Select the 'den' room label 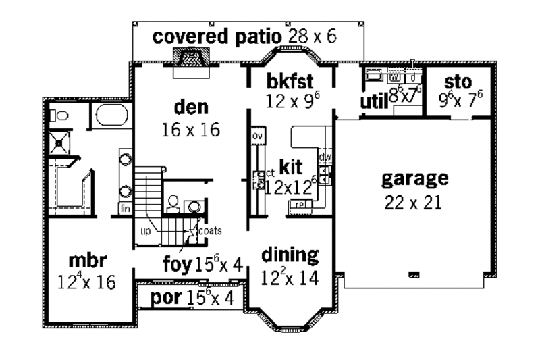point(191,107)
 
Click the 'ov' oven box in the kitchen point(257,136)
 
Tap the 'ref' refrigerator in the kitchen point(301,203)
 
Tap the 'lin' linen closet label point(125,209)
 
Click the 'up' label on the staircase point(145,230)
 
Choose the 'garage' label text point(414,179)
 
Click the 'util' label point(372,101)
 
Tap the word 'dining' point(290,255)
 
